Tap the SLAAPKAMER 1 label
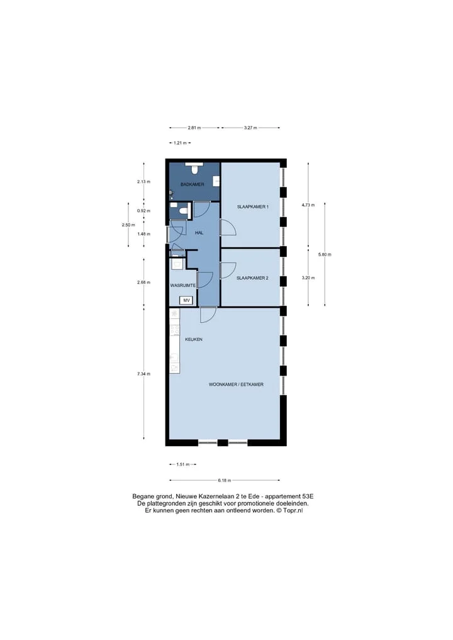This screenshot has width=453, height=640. point(253,207)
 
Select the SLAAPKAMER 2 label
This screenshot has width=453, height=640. point(253,278)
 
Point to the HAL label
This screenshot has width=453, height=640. point(199,233)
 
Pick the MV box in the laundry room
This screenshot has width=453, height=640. point(186,301)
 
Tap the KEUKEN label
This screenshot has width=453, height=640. point(193,339)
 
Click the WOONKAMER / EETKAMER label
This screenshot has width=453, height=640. point(236,384)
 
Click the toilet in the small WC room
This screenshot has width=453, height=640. point(182,212)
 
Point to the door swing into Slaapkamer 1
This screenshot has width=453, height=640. point(227,228)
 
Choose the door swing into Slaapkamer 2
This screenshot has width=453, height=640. point(227,271)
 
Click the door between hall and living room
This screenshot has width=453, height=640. point(208,314)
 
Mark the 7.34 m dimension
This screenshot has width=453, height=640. point(143,374)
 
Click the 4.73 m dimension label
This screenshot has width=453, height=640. point(308,205)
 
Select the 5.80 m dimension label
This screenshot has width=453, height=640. point(325,254)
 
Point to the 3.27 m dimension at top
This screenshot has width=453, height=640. point(250,128)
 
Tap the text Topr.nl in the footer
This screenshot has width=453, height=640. point(293,510)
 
